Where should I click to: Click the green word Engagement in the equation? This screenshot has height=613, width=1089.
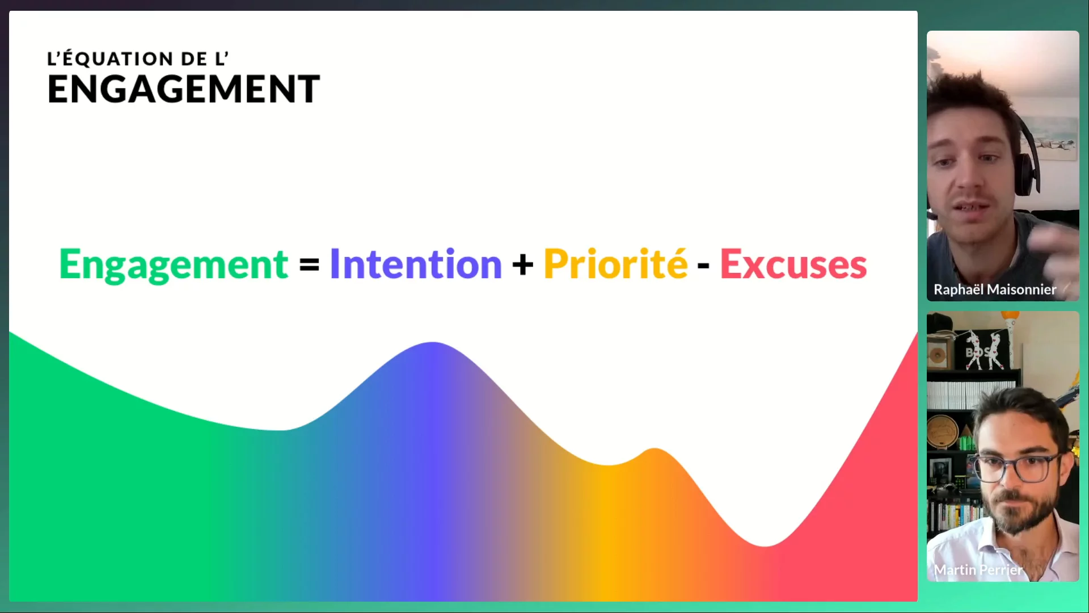174,264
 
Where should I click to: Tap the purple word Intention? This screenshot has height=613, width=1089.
416,264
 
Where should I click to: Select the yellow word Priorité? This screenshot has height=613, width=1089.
615,264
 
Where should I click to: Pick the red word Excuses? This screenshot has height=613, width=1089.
793,264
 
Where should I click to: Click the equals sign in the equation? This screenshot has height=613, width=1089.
309,264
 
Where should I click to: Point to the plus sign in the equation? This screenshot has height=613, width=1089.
523,264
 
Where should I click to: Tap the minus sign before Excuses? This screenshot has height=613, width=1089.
703,265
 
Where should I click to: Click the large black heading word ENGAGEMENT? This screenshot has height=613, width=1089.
184,89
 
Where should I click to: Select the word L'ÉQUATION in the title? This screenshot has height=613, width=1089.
111,58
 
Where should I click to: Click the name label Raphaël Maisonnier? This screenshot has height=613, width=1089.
995,289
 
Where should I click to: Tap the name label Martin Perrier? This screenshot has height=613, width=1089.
978,570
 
